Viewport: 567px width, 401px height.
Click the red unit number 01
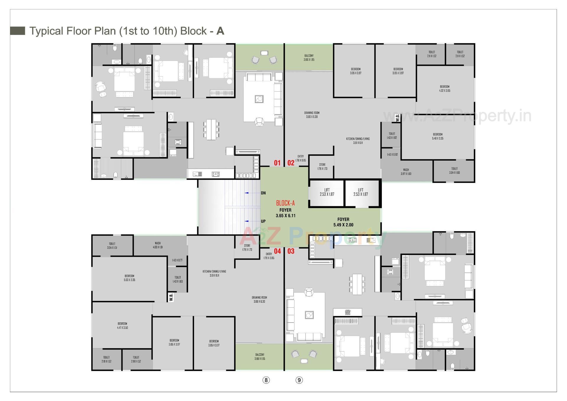[277, 163]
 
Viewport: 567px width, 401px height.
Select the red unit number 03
[291, 251]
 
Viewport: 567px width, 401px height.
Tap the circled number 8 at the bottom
[266, 380]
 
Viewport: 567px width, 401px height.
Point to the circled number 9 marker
[299, 380]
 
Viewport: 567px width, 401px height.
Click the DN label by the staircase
[263, 193]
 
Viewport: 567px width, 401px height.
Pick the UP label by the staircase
[263, 221]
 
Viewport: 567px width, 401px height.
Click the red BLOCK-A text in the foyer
[285, 203]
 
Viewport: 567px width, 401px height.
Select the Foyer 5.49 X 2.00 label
[343, 222]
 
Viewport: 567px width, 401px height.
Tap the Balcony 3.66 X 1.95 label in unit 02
[309, 58]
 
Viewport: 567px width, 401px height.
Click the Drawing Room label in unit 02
[312, 115]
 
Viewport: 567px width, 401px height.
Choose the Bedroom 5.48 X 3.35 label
[438, 136]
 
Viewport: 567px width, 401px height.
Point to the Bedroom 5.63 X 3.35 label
[129, 278]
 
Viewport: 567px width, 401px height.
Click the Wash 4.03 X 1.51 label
[158, 245]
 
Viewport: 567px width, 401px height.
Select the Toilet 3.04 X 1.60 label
[454, 171]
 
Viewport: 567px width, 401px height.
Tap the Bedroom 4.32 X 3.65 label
[444, 89]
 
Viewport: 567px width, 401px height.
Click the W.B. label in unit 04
[171, 297]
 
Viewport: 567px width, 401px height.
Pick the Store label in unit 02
[322, 167]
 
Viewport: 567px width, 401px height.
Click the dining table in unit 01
[211, 129]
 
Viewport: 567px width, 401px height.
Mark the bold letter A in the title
[220, 31]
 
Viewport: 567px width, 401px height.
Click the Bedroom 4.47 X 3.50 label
[122, 326]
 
